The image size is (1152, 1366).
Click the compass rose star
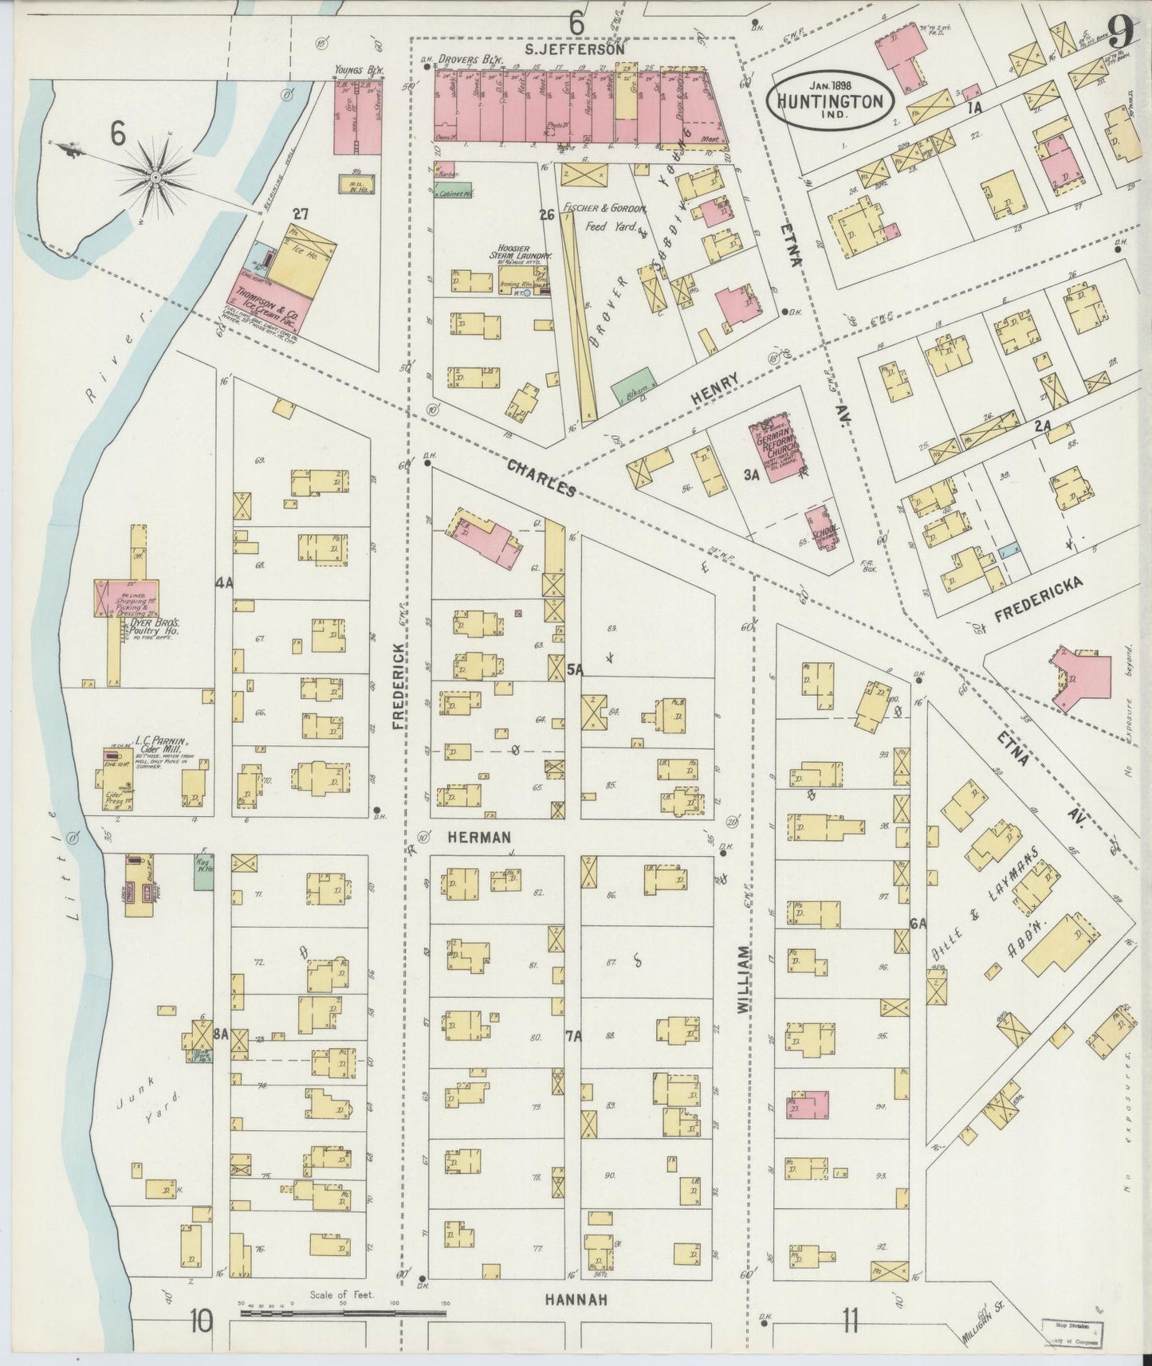[x=155, y=176]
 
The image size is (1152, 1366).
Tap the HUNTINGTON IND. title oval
[x=830, y=102]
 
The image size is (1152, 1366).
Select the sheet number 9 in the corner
[x=1119, y=33]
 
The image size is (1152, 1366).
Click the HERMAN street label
[x=478, y=838]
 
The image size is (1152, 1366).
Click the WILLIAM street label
[x=743, y=980]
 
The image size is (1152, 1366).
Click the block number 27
[x=301, y=214]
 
